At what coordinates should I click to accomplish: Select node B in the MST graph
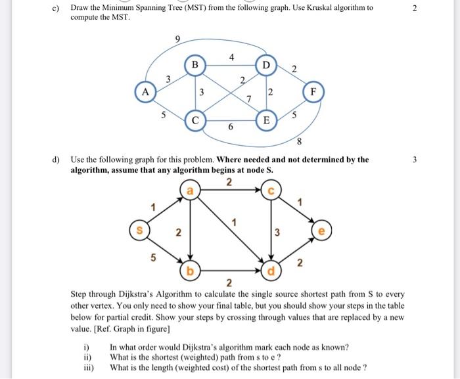click(195, 66)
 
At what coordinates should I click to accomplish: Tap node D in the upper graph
click(265, 66)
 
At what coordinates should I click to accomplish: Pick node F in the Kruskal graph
click(313, 93)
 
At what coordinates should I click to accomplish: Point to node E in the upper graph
click(265, 121)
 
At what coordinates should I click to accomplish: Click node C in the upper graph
click(195, 121)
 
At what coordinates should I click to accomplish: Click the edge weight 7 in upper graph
click(248, 99)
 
